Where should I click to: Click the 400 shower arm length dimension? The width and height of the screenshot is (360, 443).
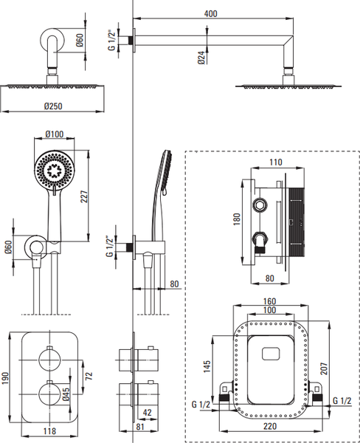pyautogui.click(x=211, y=13)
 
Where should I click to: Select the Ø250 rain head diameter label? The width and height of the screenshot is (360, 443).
pyautogui.click(x=53, y=106)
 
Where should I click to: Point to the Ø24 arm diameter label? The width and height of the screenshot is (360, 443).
pyautogui.click(x=201, y=58)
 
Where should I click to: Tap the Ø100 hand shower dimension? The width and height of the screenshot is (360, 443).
pyautogui.click(x=55, y=134)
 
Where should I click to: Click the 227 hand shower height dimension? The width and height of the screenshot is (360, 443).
pyautogui.click(x=84, y=196)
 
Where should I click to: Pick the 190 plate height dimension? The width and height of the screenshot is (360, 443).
pyautogui.click(x=5, y=378)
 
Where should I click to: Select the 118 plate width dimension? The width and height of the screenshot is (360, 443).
pyautogui.click(x=49, y=431)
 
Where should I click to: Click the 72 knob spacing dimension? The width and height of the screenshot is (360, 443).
pyautogui.click(x=89, y=376)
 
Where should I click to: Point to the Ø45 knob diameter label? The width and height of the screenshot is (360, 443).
pyautogui.click(x=66, y=394)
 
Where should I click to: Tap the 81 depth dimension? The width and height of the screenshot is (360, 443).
pyautogui.click(x=140, y=427)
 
